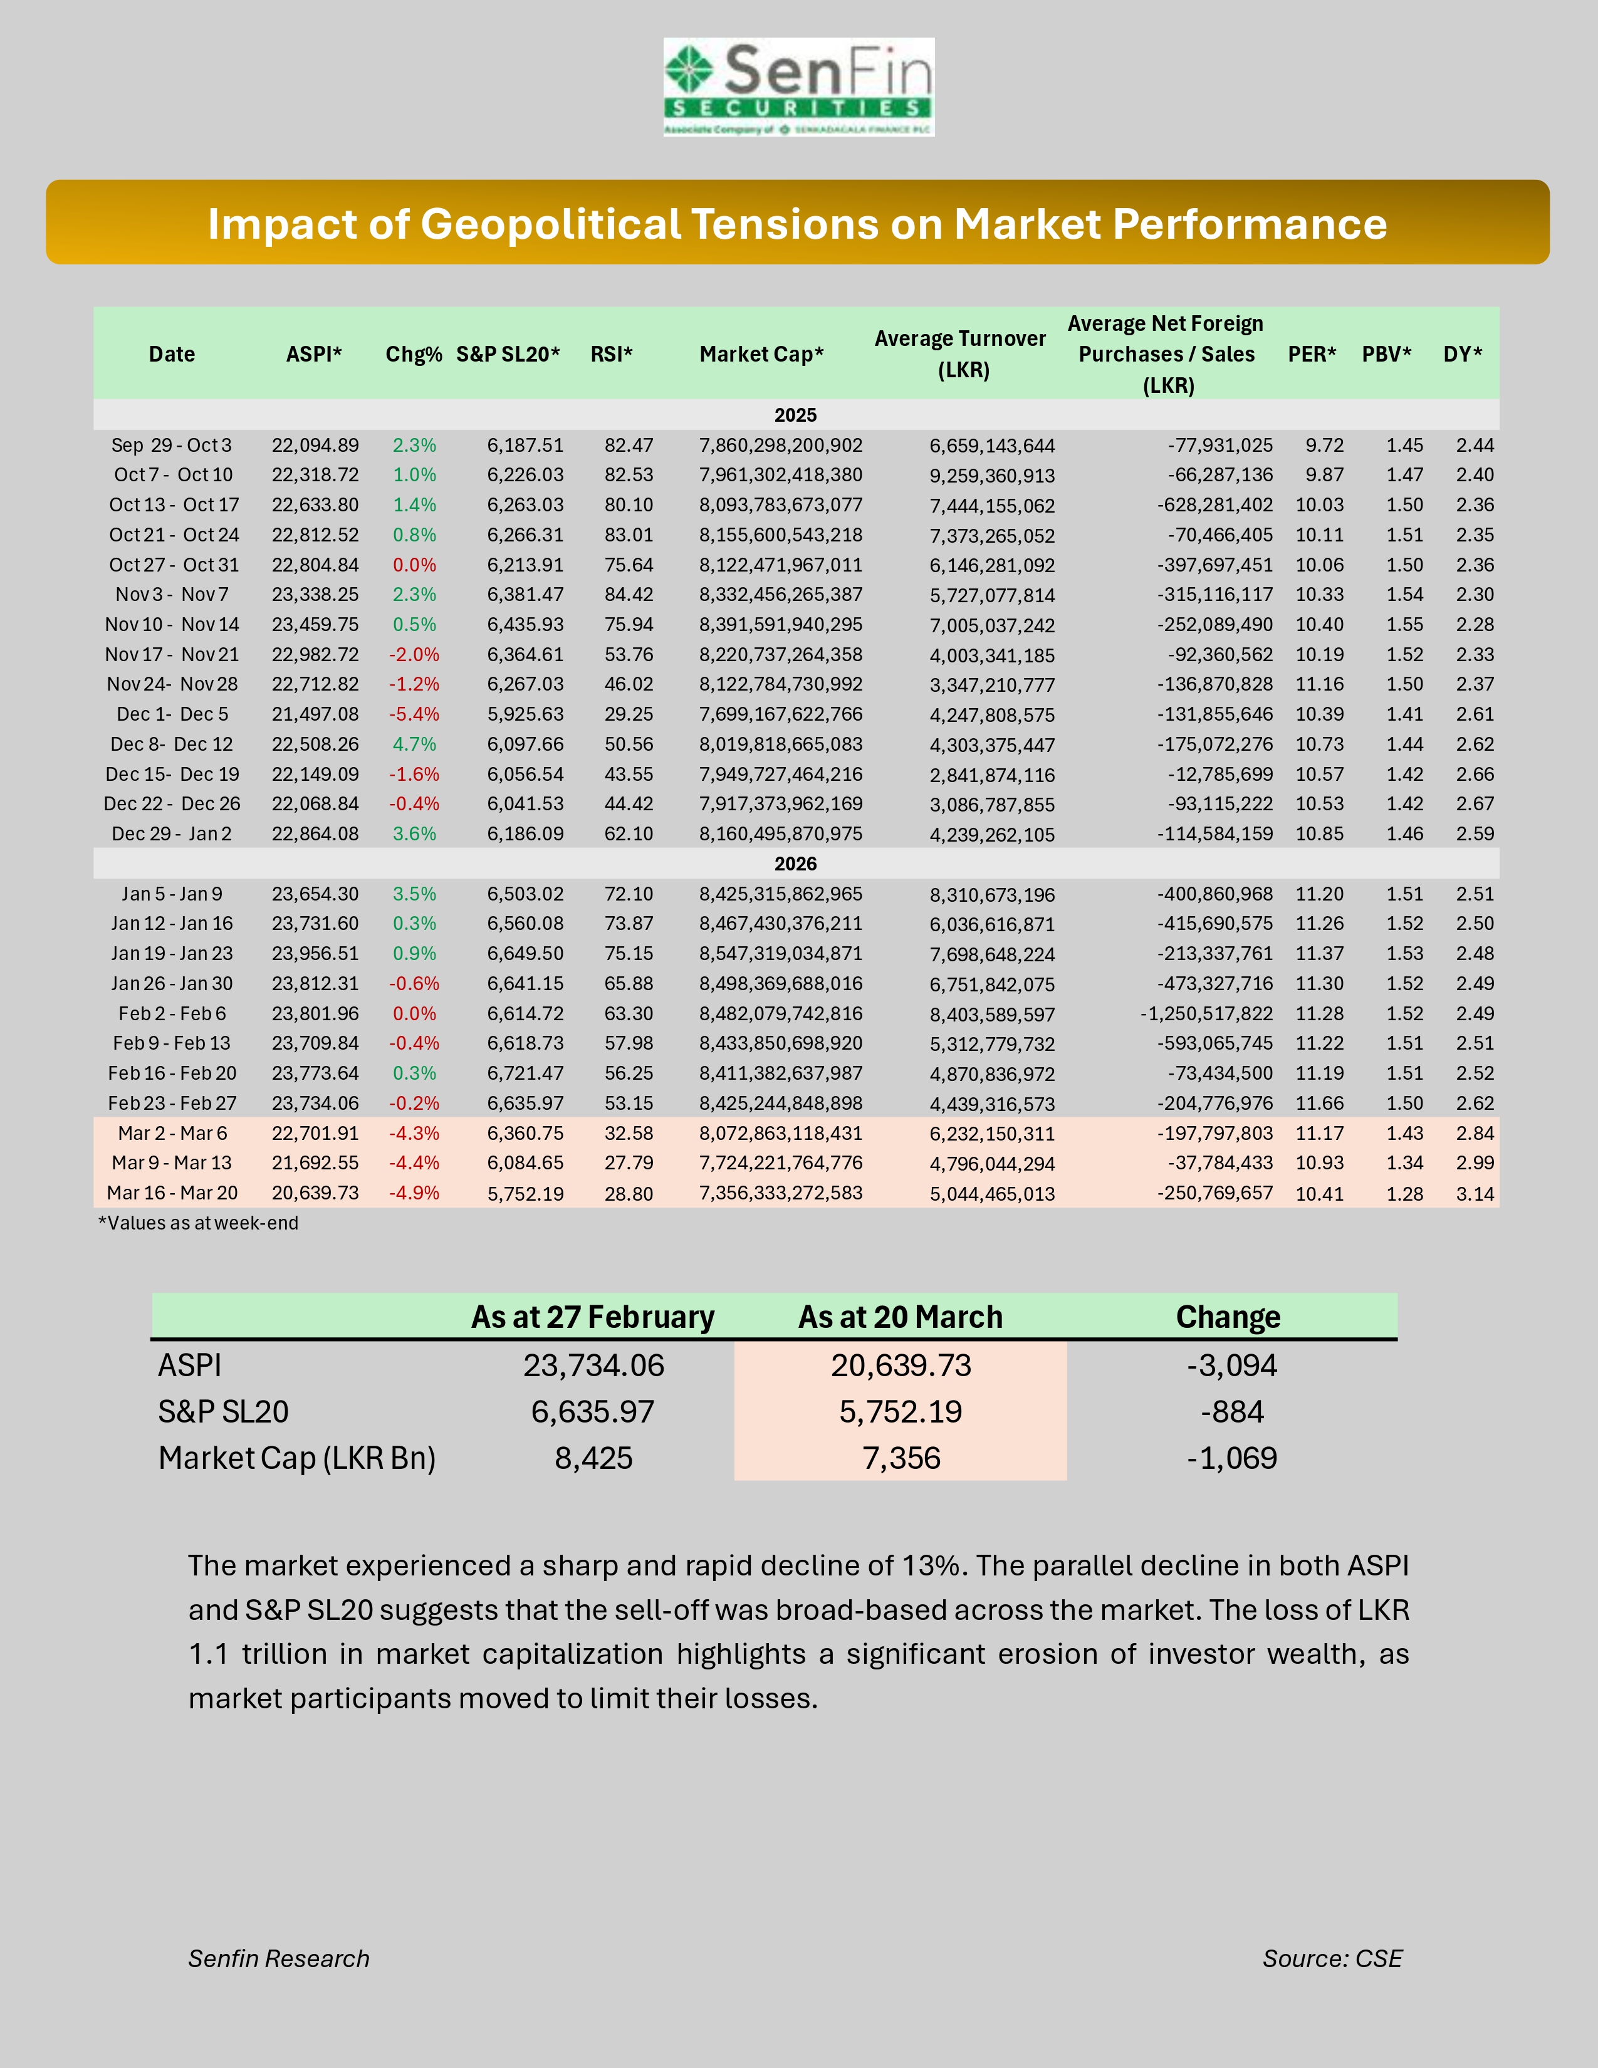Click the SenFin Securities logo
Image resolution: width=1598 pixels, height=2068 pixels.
point(798,87)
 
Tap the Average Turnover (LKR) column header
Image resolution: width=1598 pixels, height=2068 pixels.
point(960,353)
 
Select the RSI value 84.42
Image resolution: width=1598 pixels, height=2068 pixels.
point(629,595)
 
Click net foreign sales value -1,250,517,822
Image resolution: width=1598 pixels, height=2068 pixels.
point(1206,1014)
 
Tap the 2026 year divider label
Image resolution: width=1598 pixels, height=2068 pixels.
point(795,864)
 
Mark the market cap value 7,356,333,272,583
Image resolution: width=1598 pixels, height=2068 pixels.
point(781,1193)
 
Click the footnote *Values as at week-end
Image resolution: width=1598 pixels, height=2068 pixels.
point(198,1223)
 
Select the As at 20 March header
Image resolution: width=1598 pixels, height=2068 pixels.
point(901,1317)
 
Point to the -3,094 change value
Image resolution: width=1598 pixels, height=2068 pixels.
point(1231,1366)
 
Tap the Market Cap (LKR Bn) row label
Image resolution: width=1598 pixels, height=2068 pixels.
point(296,1458)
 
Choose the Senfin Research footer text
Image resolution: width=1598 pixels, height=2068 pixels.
point(278,1958)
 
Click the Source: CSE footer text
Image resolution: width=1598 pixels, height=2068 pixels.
point(1332,1958)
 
